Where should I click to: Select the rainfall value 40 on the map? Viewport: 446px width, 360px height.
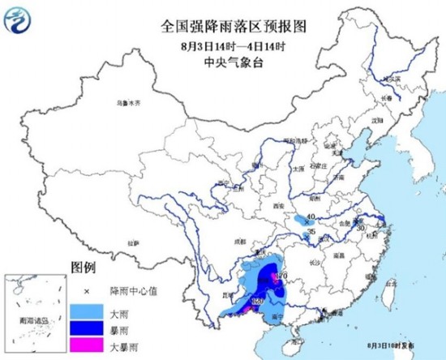point(310,216)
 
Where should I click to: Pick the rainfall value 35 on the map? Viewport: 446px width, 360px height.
point(311,233)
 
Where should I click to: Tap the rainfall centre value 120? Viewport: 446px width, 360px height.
point(259,301)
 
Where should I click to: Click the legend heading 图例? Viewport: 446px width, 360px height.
point(84,267)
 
